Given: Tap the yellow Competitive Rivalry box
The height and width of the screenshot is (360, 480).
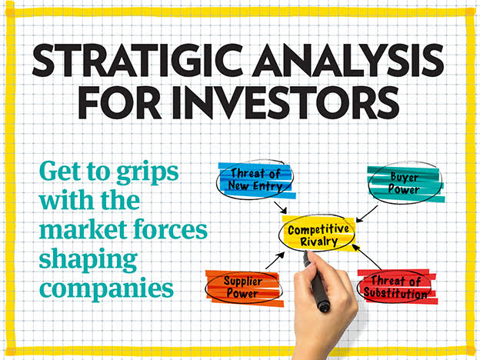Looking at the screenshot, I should [x=318, y=234].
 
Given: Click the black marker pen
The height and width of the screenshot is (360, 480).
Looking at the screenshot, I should [x=318, y=284].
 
